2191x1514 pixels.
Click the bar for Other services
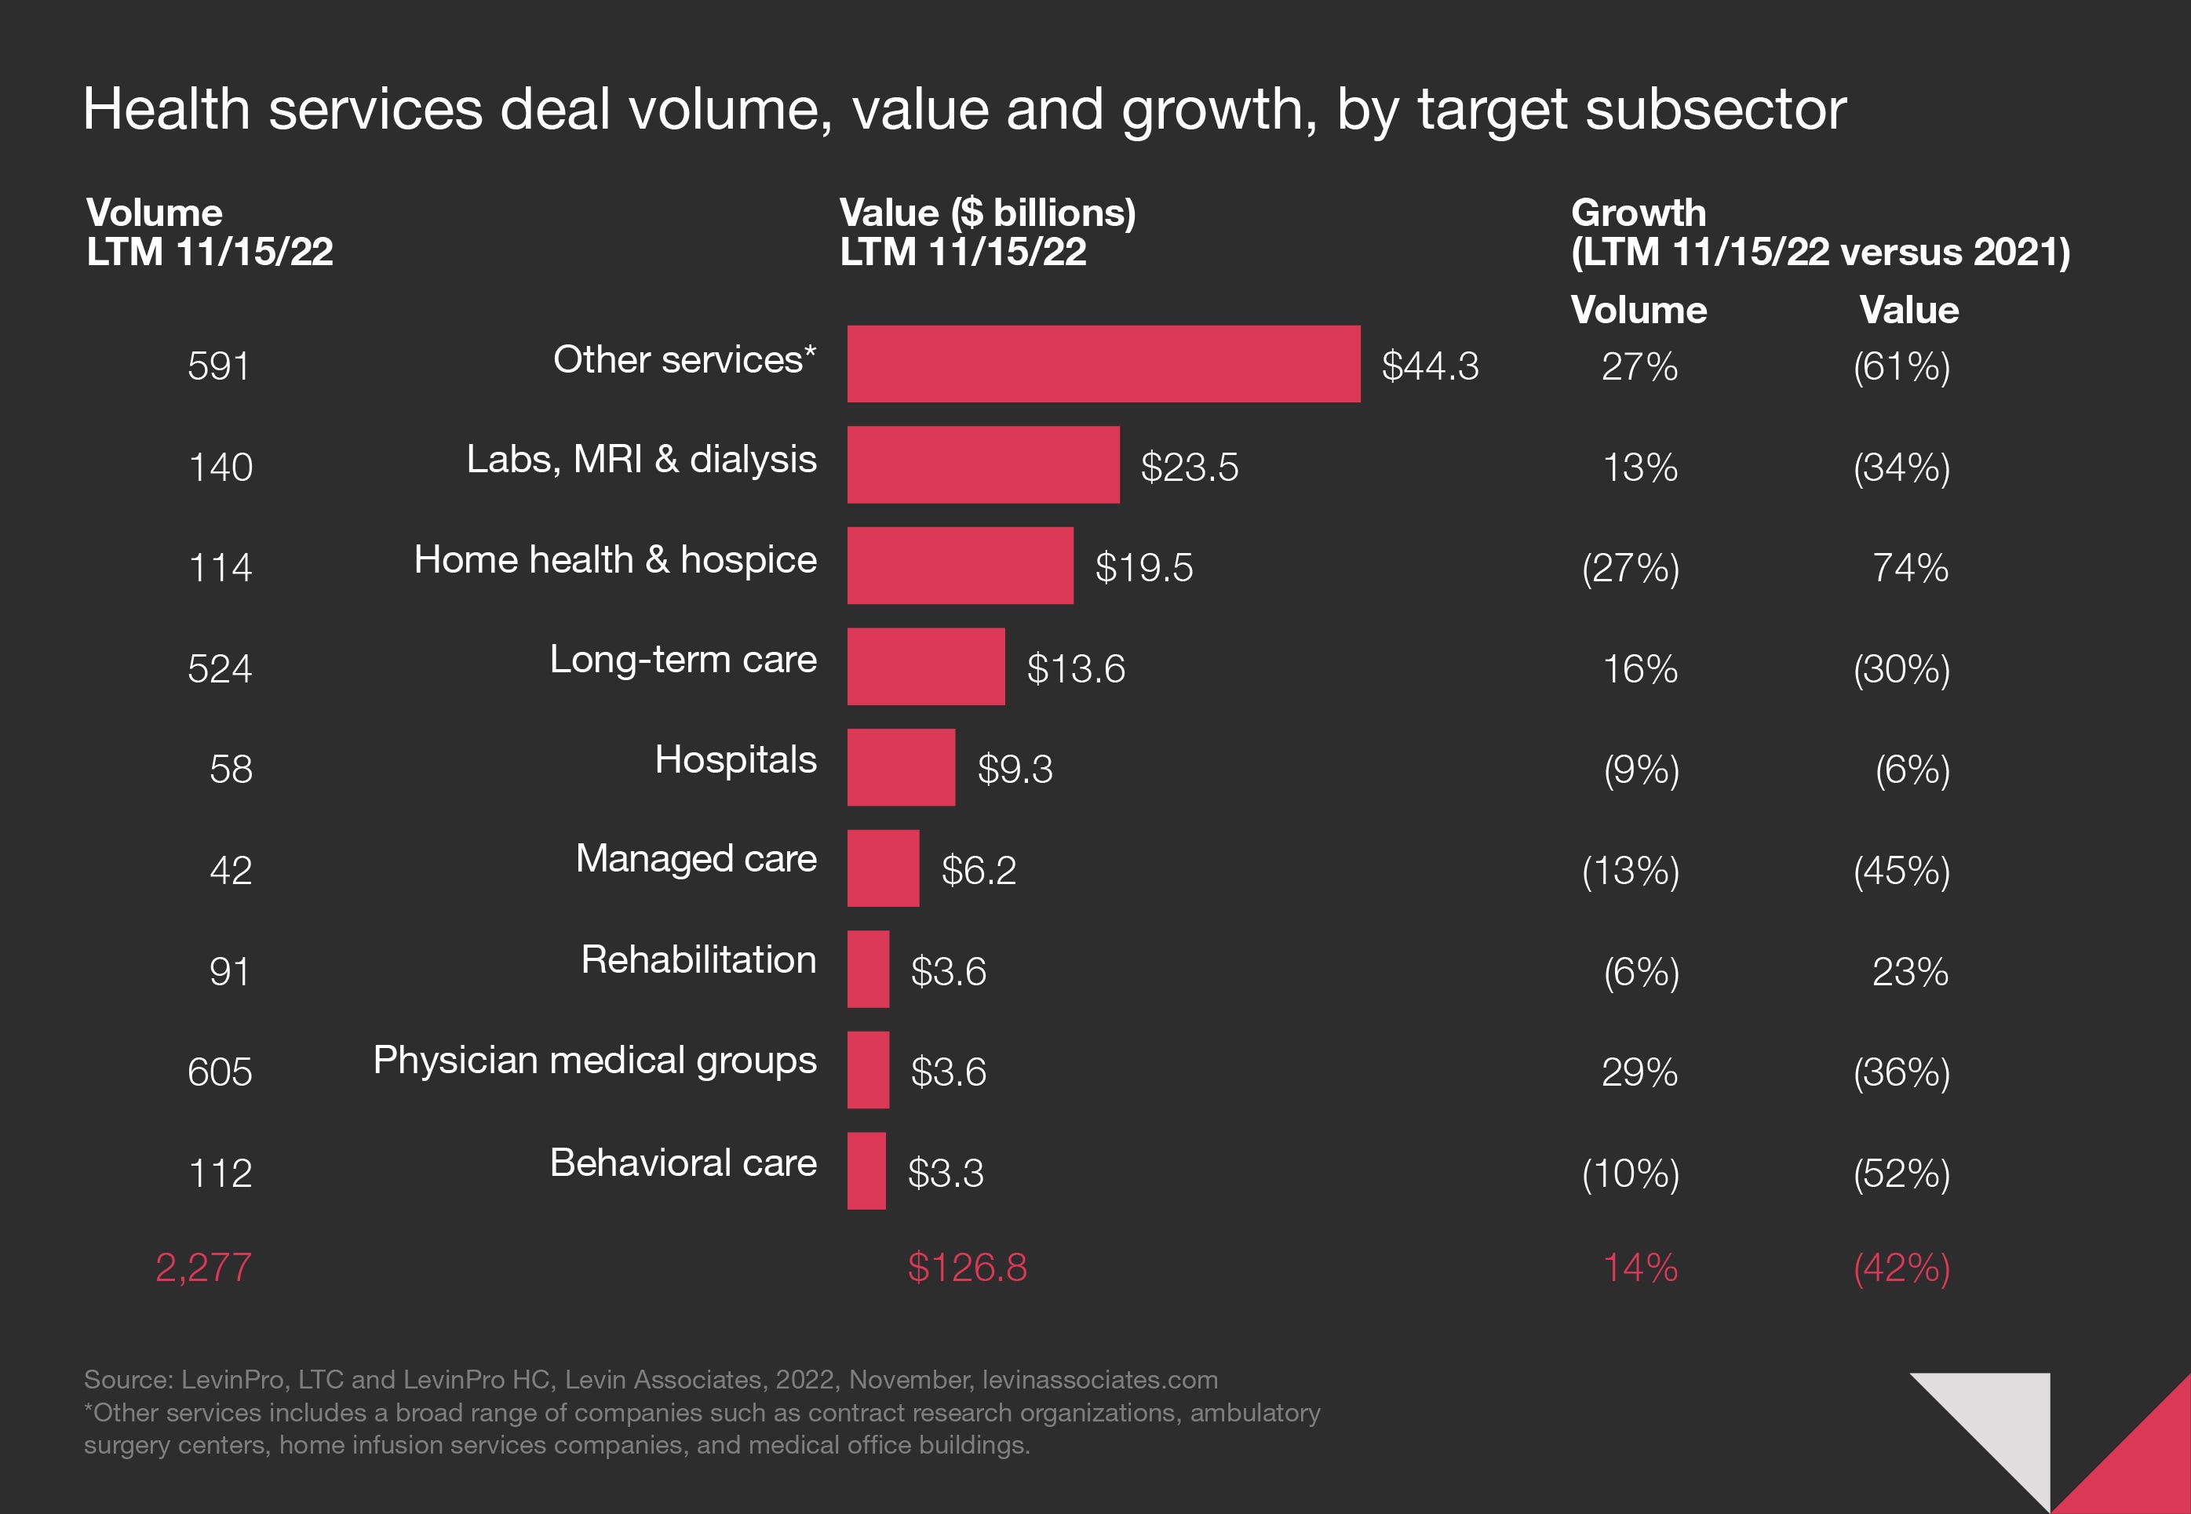(1103, 364)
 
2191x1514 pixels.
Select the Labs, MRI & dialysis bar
(983, 465)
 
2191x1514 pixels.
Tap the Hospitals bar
(901, 767)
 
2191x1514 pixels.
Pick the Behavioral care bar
(866, 1170)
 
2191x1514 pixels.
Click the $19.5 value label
(1143, 567)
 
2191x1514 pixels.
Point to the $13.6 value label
(1075, 669)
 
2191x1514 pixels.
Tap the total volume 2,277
(203, 1268)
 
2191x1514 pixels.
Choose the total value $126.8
(967, 1268)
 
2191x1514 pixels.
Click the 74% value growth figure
(1909, 567)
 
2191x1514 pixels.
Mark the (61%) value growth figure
(1901, 366)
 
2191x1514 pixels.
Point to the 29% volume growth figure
(1639, 1072)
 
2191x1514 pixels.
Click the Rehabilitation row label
(698, 959)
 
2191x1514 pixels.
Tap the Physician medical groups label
(594, 1060)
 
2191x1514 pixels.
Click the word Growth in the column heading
(1638, 213)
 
